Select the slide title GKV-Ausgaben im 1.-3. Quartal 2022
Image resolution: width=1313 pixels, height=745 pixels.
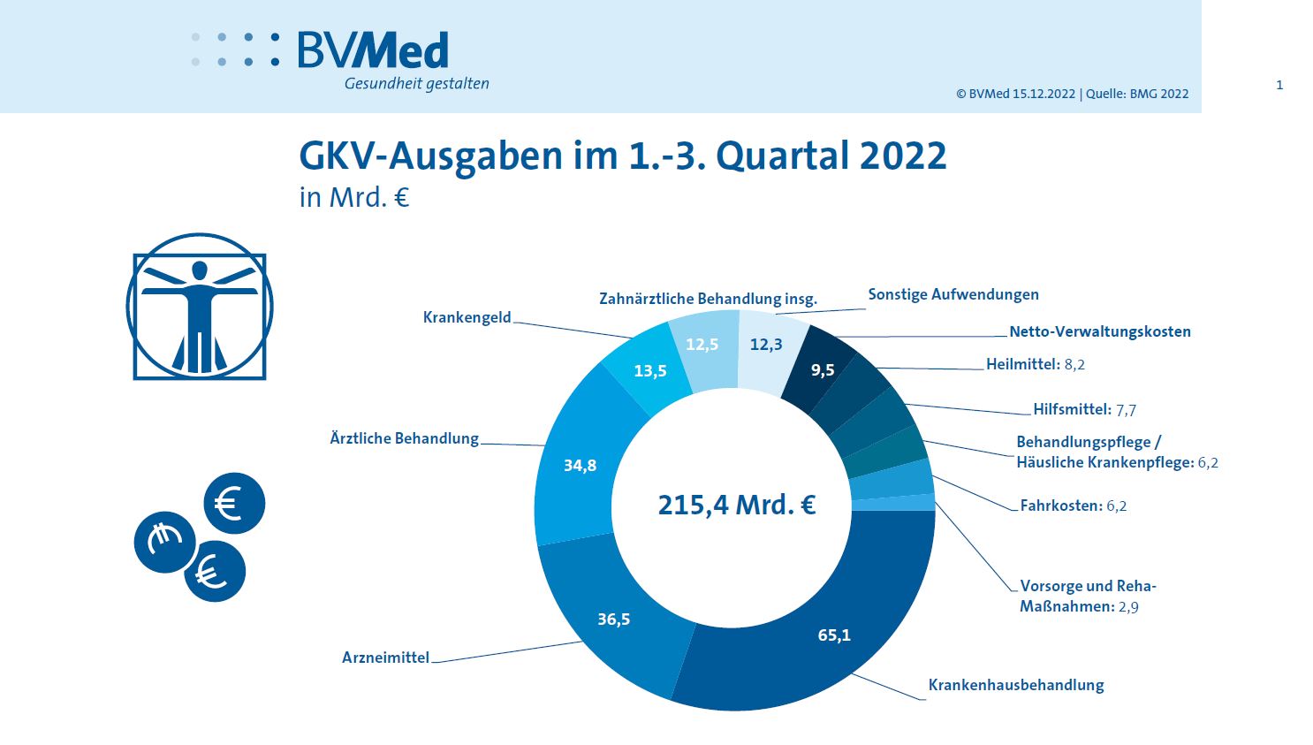tap(622, 156)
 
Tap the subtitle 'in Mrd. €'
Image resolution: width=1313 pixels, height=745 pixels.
tap(353, 196)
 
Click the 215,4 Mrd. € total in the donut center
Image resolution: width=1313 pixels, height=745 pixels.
tap(736, 505)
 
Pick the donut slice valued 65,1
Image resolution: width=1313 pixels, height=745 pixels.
tap(833, 635)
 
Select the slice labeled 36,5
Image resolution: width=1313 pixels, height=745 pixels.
tap(613, 619)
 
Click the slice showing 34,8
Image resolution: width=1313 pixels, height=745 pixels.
tap(580, 465)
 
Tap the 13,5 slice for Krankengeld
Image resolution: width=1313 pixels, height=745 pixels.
tap(649, 370)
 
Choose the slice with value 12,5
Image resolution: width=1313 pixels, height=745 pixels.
tap(702, 344)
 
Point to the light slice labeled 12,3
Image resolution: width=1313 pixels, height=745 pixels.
tap(766, 344)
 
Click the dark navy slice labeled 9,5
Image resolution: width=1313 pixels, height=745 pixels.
tap(823, 369)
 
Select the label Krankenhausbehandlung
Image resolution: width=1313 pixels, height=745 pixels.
tap(1015, 685)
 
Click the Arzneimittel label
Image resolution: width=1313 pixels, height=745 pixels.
tap(385, 658)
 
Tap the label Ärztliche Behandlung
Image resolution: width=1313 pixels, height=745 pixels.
tap(404, 438)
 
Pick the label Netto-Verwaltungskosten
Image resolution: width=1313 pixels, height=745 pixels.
tap(1099, 331)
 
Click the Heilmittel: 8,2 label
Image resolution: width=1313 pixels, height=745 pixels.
tap(1035, 364)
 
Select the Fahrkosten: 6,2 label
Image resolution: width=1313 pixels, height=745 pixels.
tap(1073, 506)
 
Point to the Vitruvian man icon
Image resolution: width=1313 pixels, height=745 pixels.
tap(200, 307)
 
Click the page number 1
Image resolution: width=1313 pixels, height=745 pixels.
tap(1279, 85)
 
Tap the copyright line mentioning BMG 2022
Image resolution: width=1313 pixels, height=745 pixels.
tap(1072, 94)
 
